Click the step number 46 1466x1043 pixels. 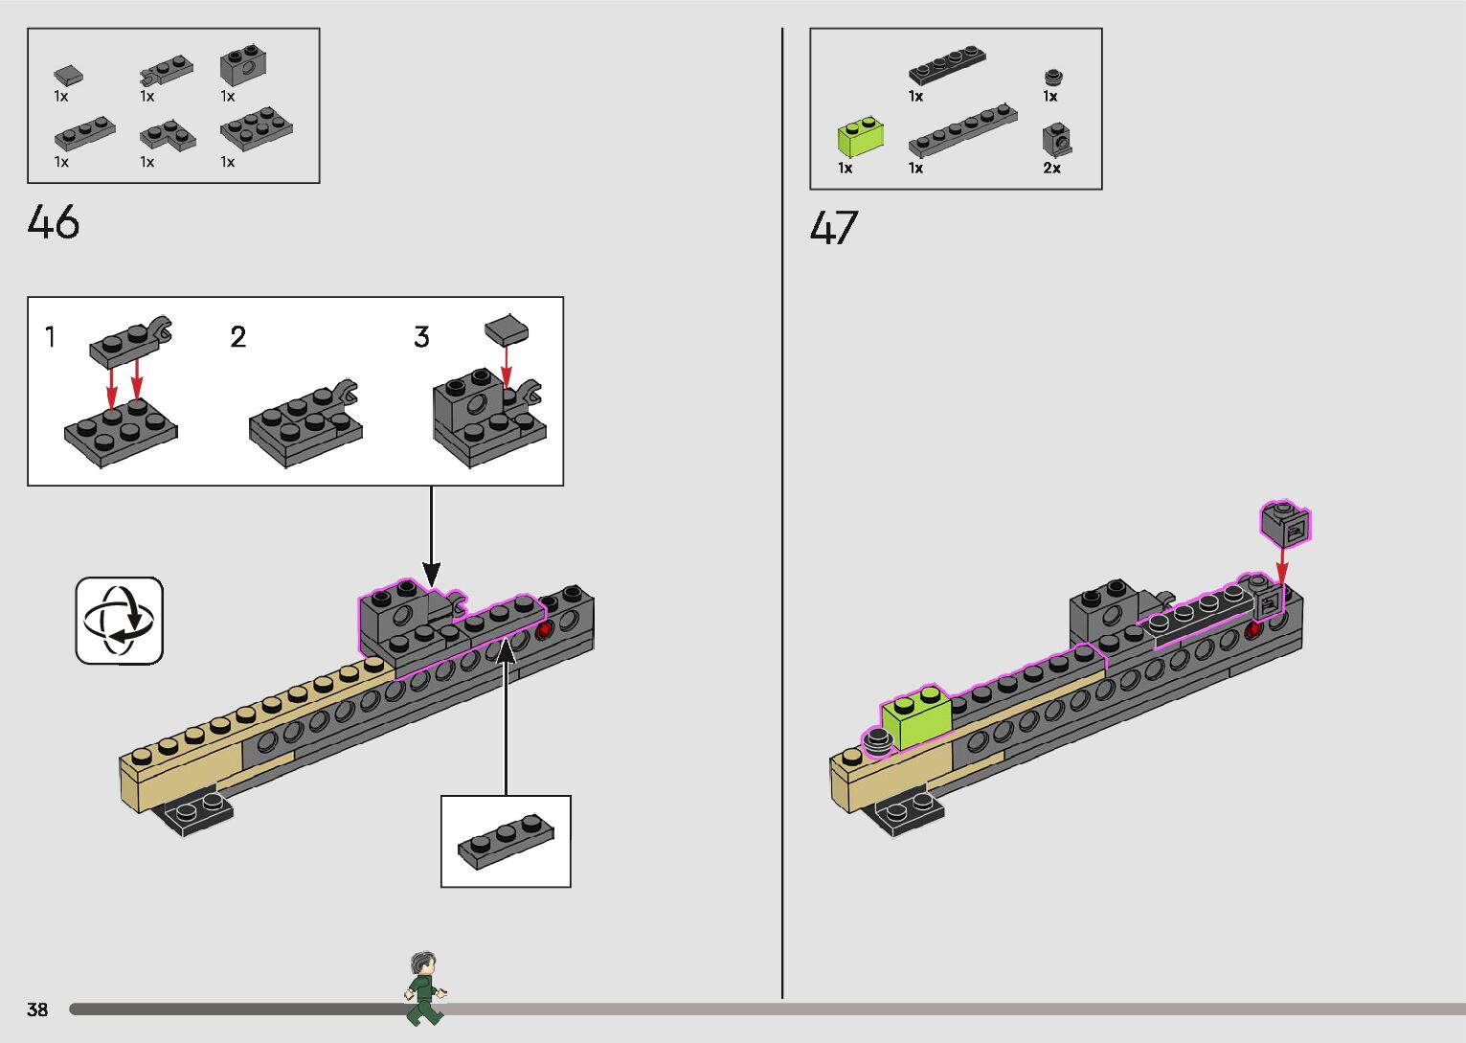54,222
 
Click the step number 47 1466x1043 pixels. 834,228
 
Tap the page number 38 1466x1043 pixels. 37,1009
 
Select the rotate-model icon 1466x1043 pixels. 120,620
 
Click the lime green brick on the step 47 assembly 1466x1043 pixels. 915,716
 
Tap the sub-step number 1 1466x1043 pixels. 50,337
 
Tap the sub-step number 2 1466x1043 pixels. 238,337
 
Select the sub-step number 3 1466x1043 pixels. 421,337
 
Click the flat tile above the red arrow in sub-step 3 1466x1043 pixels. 507,330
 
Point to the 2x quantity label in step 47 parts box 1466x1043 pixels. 1051,169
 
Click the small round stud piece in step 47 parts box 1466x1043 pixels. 1053,78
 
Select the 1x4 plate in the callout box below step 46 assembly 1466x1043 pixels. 506,842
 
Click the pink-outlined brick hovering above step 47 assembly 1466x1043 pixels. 1284,524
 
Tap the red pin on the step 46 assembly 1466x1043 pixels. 545,630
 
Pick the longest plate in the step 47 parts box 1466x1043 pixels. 961,129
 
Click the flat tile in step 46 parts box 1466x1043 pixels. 67,75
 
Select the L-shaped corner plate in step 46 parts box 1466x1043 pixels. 168,135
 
